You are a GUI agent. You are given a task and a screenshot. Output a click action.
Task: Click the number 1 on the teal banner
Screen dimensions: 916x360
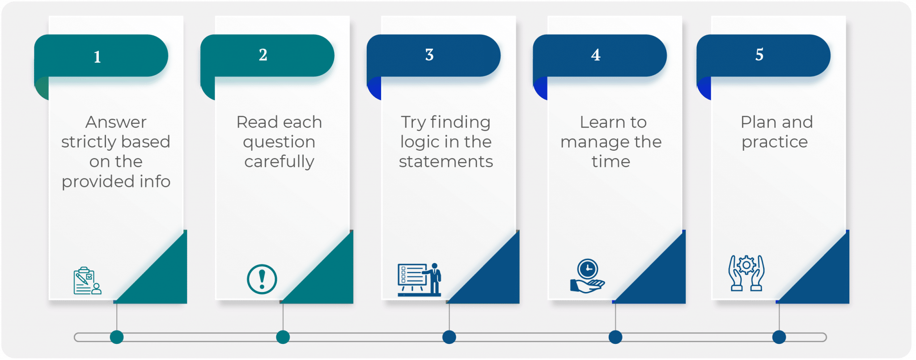[x=97, y=57]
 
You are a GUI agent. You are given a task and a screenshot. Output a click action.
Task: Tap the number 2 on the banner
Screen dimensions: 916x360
[x=263, y=55]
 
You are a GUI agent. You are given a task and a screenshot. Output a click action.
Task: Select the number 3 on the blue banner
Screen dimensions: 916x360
[x=429, y=55]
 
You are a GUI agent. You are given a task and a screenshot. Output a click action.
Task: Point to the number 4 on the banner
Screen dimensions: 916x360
[x=595, y=55]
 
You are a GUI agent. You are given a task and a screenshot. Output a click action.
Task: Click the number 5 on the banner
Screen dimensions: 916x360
[x=759, y=55]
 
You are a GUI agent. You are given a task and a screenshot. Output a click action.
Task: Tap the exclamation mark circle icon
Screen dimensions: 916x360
[x=262, y=279]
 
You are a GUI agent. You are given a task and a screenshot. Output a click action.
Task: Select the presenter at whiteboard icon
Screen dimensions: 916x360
[x=419, y=280]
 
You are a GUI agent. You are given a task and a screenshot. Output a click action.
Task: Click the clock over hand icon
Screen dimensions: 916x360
[x=587, y=276]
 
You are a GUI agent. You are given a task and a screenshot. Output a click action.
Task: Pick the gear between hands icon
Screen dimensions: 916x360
[x=746, y=273]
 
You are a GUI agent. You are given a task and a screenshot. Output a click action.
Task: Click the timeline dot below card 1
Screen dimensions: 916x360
[x=117, y=337]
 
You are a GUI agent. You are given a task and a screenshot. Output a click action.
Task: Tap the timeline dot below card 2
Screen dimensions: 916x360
[x=283, y=337]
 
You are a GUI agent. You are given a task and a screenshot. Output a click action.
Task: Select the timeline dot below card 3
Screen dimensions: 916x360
[x=449, y=337]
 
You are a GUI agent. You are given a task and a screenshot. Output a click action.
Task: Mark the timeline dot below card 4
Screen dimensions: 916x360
[x=615, y=337]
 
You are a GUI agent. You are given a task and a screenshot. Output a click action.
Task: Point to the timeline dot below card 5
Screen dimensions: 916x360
[x=779, y=337]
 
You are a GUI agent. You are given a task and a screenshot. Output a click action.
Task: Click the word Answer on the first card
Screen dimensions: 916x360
[x=116, y=122]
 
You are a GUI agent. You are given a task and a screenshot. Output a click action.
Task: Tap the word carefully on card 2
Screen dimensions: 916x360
[x=279, y=162]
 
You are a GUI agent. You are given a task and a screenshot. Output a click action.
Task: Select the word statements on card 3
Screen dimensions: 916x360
[x=446, y=161]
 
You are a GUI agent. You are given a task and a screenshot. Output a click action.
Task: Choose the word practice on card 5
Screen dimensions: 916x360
[x=775, y=142]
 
